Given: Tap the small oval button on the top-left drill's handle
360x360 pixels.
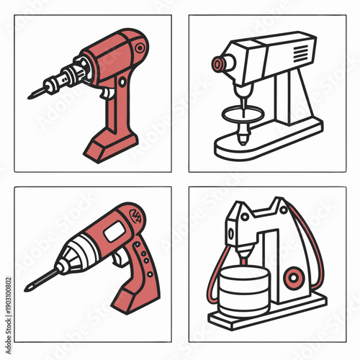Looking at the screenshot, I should (x=109, y=108).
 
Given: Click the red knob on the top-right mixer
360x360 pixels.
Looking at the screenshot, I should (x=217, y=66).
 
